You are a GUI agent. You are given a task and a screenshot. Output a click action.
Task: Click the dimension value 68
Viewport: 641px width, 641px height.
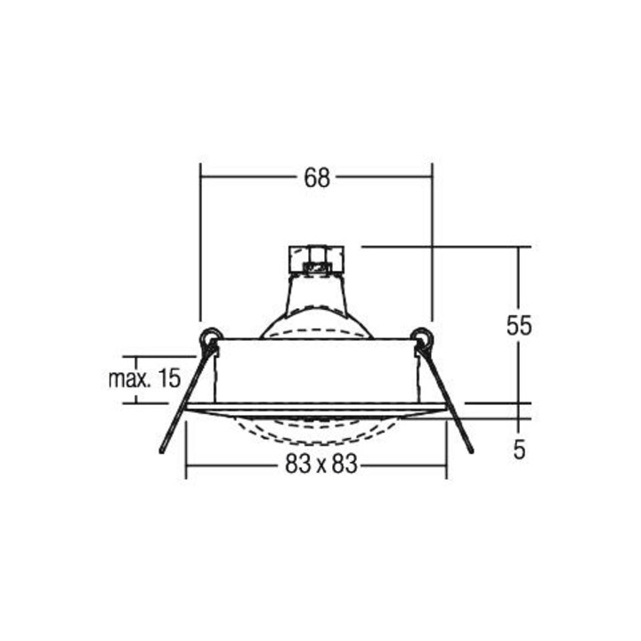[317, 178]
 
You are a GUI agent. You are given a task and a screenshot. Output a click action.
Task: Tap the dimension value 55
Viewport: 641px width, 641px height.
[519, 326]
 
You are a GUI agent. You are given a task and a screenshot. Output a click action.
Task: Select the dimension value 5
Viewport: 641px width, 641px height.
[519, 450]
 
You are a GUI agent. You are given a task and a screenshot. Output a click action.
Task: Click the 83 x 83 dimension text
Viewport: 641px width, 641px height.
[321, 464]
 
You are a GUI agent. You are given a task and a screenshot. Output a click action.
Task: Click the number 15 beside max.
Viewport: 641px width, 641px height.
[169, 378]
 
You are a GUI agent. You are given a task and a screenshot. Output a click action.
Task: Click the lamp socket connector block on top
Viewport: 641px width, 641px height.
[316, 259]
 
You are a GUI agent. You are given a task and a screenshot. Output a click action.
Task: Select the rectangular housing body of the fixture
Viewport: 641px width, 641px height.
[316, 370]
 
